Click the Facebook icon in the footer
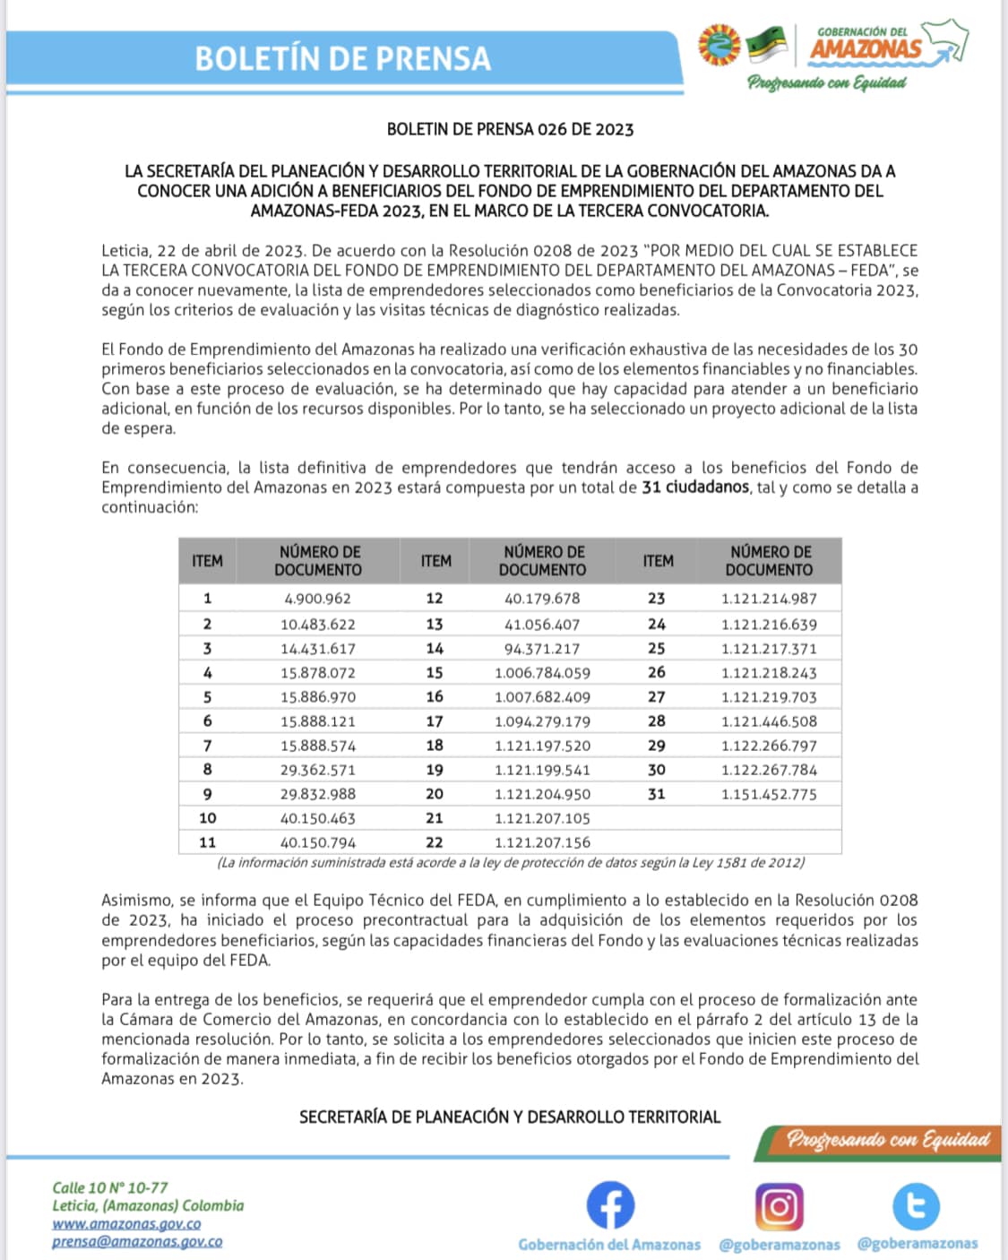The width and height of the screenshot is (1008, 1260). (610, 1204)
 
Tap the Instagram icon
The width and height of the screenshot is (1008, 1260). (779, 1206)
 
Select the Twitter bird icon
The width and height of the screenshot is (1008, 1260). (916, 1205)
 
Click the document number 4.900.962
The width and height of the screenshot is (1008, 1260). (317, 599)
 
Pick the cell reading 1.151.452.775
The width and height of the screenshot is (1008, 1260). (769, 794)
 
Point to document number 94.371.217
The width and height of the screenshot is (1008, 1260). (541, 649)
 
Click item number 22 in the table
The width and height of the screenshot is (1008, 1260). (435, 842)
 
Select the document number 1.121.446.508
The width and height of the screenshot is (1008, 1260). (769, 721)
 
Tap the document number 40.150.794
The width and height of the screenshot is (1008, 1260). (317, 842)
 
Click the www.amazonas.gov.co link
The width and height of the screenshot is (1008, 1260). (126, 1224)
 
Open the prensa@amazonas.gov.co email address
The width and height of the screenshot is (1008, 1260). (137, 1242)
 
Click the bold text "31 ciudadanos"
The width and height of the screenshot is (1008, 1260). (695, 488)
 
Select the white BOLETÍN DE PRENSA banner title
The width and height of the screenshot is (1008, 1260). (343, 59)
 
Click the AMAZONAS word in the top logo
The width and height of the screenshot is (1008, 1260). (865, 49)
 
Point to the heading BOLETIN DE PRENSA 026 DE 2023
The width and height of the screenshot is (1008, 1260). (510, 129)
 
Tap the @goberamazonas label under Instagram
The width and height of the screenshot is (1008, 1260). (779, 1245)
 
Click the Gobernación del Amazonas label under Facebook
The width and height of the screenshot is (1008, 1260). (609, 1245)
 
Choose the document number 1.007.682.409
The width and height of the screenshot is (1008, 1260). (541, 697)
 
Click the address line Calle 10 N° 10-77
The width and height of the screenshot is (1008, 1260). (109, 1187)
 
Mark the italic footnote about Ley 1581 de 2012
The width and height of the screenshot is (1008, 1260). (511, 863)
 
